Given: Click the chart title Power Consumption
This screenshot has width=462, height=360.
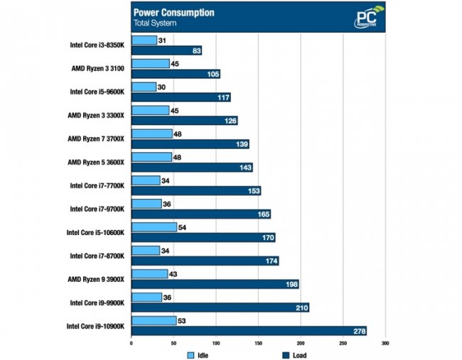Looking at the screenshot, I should point(173,12).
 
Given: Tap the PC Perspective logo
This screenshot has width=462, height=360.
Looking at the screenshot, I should point(370,18).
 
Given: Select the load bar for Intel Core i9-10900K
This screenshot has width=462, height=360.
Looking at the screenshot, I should point(249,330).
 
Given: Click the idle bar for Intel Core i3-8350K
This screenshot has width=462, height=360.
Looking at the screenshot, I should point(144,40).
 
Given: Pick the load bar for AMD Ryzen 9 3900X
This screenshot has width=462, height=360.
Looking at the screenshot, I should point(215,284).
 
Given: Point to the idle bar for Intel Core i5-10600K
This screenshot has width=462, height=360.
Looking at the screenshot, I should point(154,227).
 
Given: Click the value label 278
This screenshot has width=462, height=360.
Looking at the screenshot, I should point(357,330).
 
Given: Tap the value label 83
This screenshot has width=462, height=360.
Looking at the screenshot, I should point(196,51).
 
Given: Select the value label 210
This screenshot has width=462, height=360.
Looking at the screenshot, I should point(300,307).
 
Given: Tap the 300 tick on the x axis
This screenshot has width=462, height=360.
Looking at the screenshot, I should point(385,344).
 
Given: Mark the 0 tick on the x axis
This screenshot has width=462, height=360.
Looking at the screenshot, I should point(131,344).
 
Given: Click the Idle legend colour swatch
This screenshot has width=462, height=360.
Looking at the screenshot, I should point(190,354).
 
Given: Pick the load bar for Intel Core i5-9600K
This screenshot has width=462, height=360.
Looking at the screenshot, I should point(181,97).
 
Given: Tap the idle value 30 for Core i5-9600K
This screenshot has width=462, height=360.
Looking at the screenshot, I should point(163,87).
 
